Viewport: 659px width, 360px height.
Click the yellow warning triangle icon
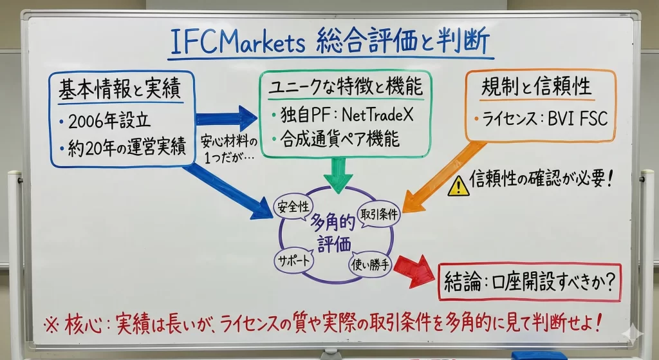click(458, 185)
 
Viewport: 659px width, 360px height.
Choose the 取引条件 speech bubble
click(378, 214)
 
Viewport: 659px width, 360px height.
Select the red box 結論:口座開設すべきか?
click(529, 281)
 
